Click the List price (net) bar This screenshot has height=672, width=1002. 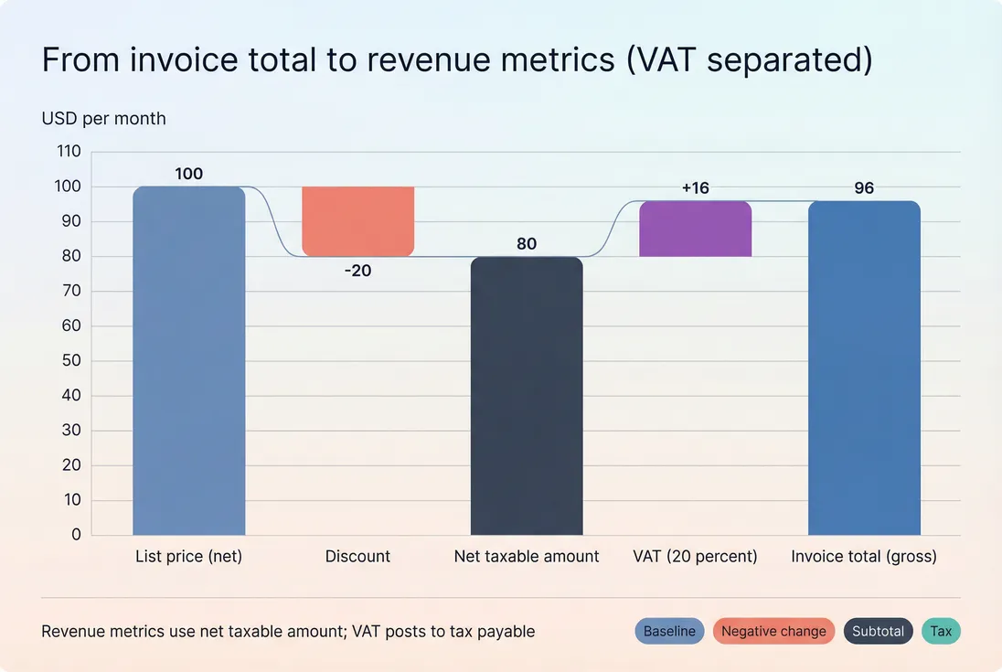pos(188,361)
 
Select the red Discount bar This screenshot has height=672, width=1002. pos(357,221)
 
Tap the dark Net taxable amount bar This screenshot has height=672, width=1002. pos(527,396)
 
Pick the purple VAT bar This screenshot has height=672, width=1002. pos(695,229)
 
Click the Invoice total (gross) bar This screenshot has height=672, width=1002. pos(864,368)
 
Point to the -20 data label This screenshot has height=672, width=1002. pos(357,271)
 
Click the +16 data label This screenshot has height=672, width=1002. pos(695,188)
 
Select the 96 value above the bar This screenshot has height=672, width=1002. pos(864,188)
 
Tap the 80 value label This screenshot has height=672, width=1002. pos(527,244)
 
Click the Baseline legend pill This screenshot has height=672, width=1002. pos(669,631)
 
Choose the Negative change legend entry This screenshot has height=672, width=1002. pos(773,631)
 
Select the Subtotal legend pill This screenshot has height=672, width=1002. pos(878,631)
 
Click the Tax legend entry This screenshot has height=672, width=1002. pos(941,631)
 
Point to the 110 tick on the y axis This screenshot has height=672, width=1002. pos(69,152)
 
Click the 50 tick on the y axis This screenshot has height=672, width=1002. pos(72,361)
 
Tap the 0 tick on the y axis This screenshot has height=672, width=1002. pos(76,535)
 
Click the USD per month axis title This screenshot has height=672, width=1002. pos(103,119)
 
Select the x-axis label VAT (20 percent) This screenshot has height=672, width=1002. pos(695,556)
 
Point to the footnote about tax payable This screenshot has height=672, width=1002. pos(288,631)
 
